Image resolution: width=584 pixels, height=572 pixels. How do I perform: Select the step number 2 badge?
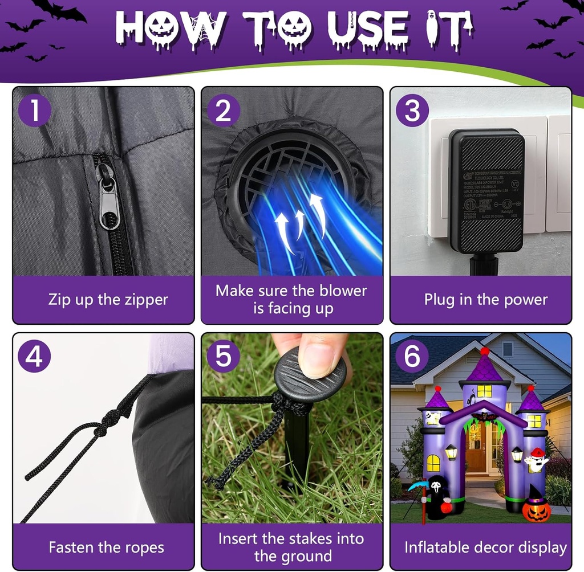[x=224, y=111]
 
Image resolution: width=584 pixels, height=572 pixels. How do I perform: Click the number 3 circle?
[x=412, y=111]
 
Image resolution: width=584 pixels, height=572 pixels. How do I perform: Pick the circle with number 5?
[x=224, y=357]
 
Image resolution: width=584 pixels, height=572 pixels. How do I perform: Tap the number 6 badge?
[x=412, y=357]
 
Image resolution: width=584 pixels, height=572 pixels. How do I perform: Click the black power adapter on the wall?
[x=486, y=191]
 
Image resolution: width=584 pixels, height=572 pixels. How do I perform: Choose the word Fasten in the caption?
[x=71, y=548]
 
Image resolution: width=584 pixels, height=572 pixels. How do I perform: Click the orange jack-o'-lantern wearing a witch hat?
[x=536, y=506]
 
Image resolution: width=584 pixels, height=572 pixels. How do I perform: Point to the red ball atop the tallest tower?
[x=485, y=351]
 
